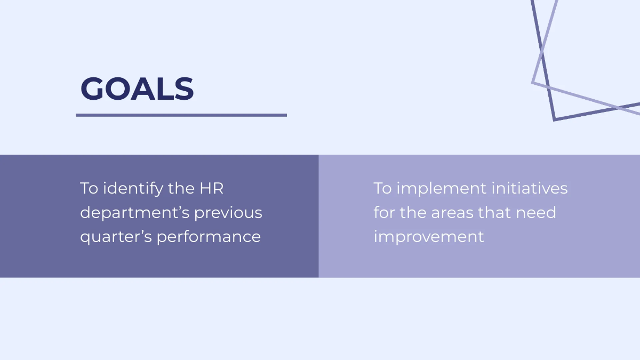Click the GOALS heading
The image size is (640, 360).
(x=137, y=89)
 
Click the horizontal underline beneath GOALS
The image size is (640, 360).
(x=181, y=115)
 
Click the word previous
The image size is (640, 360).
(x=228, y=213)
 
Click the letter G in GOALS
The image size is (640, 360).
(x=91, y=89)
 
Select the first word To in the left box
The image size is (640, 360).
(x=89, y=188)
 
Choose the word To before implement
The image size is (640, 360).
(x=382, y=188)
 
